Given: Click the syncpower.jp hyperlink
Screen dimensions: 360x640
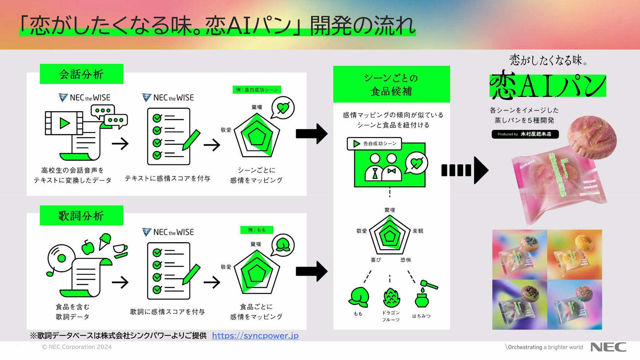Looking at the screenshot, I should coord(255,336).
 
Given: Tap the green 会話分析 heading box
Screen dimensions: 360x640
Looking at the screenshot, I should coord(81,74).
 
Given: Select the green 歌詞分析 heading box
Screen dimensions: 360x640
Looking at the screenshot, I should coord(81,215).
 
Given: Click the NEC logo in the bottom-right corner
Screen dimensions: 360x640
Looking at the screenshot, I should coord(608,347).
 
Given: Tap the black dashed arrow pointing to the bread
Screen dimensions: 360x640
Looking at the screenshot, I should coord(465,170).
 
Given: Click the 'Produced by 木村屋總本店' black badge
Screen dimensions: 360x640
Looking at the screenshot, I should coord(525,134).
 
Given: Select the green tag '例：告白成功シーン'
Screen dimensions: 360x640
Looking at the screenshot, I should coord(257,90).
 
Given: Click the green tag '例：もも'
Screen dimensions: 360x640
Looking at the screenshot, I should coord(257,230).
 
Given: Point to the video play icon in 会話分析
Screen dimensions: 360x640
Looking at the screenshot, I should coord(64,123).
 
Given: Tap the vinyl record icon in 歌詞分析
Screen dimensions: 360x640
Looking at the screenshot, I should coord(61,258).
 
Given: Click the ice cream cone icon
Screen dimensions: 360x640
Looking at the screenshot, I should coord(105,241).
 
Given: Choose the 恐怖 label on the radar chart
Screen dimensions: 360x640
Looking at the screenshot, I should coord(406,260).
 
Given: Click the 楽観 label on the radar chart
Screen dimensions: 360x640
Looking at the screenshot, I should coord(418,231).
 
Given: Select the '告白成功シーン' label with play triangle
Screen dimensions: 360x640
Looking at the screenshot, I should coord(374,144).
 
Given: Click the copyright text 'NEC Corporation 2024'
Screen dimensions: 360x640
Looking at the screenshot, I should coord(77,347).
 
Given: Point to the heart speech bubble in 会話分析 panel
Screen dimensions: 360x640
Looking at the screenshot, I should coord(282,108).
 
